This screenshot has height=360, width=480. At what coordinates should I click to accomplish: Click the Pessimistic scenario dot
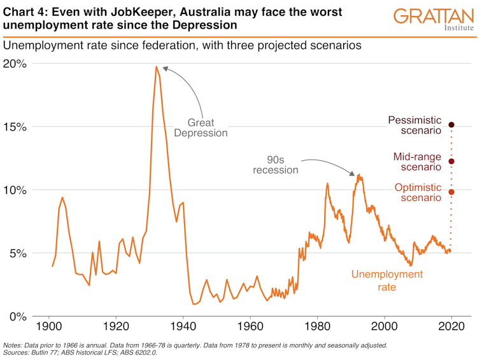(451, 125)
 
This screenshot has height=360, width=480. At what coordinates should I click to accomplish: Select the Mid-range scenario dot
(451, 161)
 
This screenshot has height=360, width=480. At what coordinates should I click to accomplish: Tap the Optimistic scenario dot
(451, 192)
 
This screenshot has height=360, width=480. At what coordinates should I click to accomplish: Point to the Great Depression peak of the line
(156, 67)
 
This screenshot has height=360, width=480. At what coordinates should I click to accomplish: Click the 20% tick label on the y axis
(15, 64)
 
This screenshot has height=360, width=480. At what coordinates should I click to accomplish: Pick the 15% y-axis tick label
(15, 127)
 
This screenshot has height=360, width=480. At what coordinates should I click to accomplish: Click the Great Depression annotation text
(201, 128)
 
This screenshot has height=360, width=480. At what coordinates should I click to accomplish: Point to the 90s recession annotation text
(275, 165)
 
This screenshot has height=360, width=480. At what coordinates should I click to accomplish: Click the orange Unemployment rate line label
(386, 280)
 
